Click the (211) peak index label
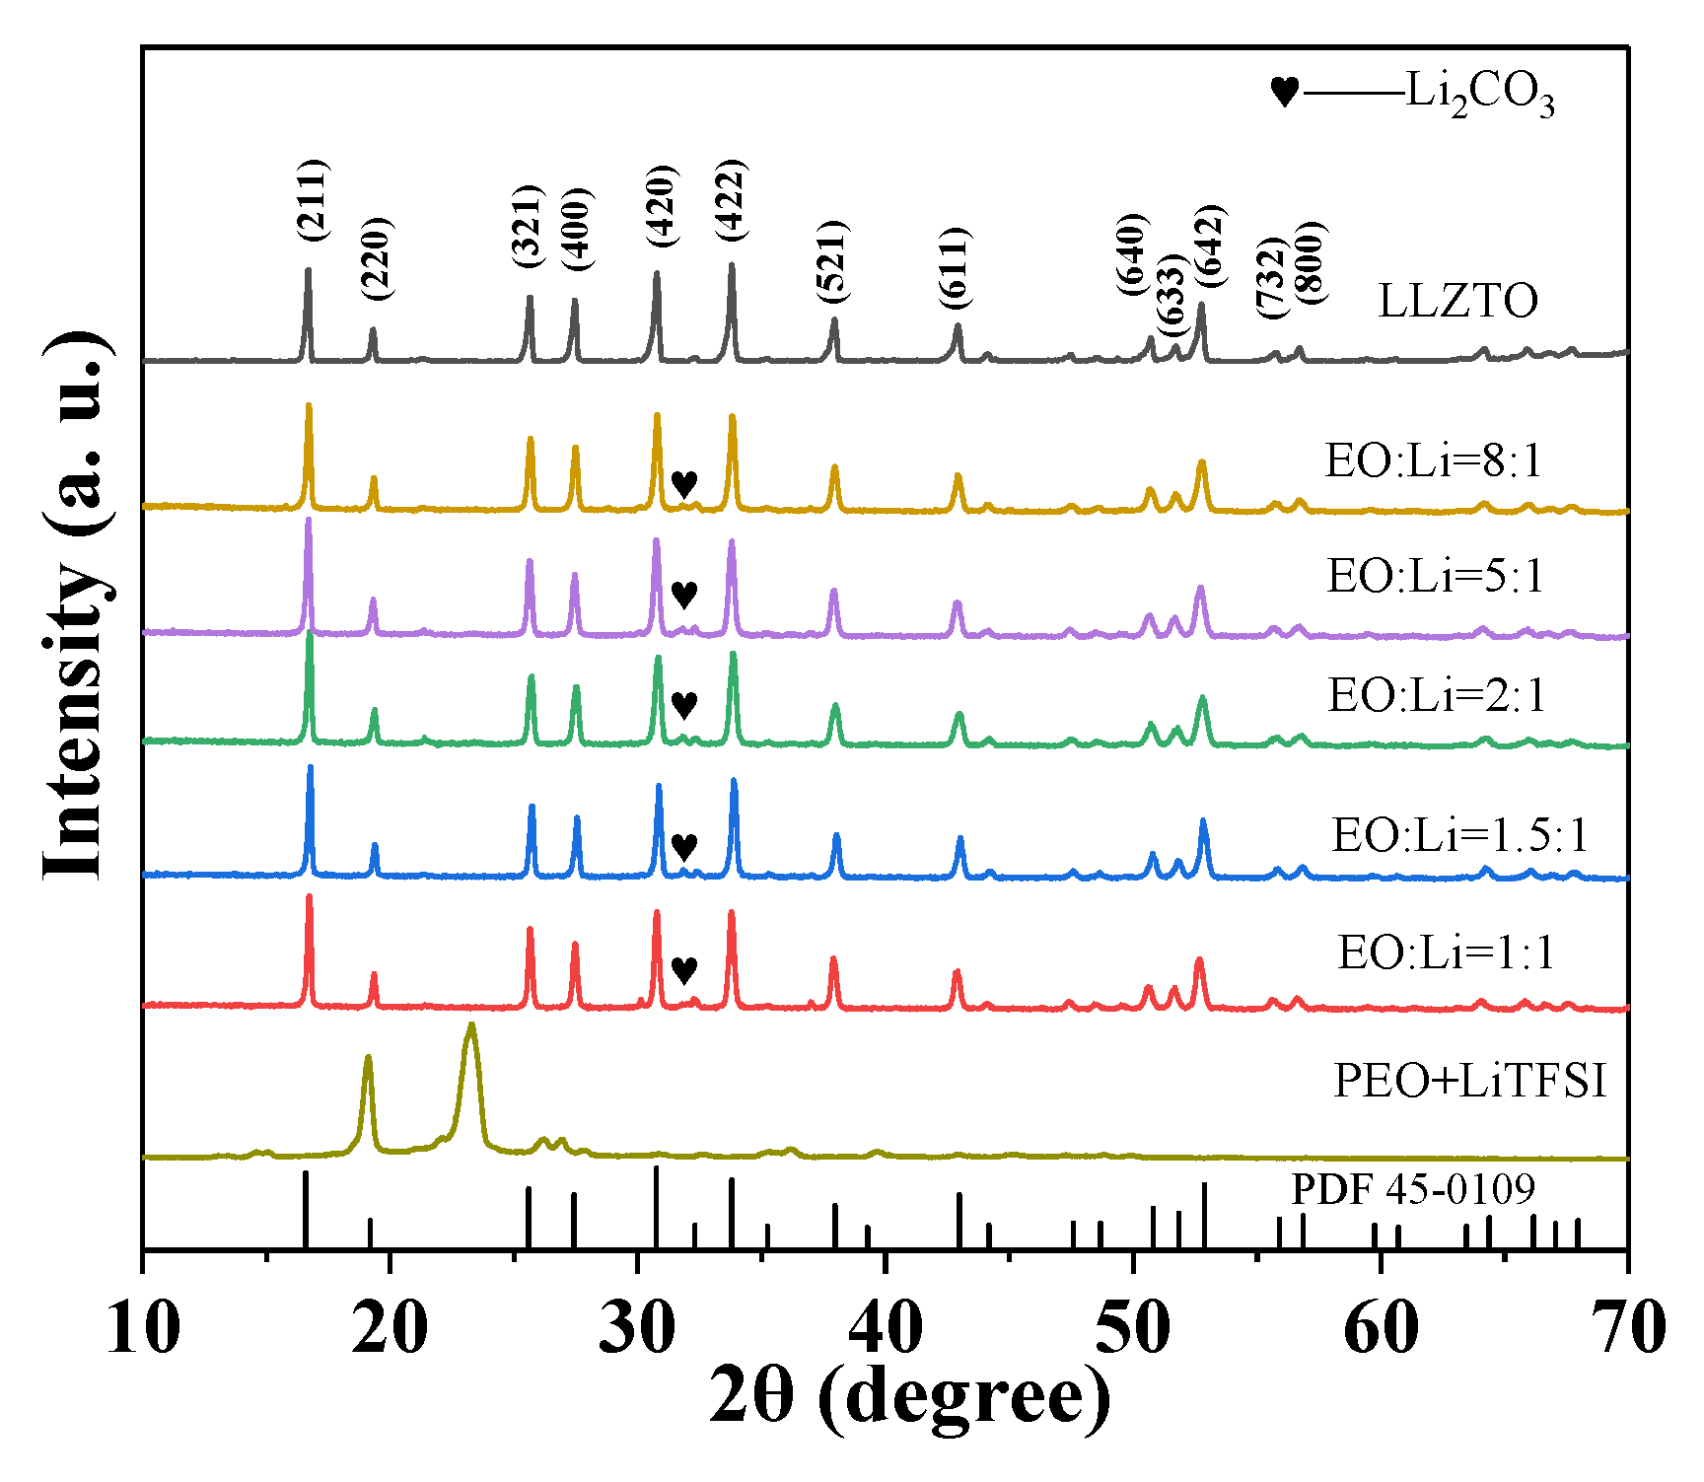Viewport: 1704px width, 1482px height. coord(313,200)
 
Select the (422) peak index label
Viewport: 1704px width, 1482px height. coord(731,200)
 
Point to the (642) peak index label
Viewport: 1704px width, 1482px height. coord(1210,247)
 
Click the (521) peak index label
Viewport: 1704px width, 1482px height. coord(832,262)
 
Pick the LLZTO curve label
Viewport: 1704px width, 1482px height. coord(1457,301)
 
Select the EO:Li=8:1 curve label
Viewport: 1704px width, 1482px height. coord(1433,461)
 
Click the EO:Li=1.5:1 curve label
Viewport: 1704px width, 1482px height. coord(1460,836)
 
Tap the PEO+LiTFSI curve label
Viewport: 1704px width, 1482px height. coord(1469,1081)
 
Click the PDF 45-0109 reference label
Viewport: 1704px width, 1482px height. coord(1413,1189)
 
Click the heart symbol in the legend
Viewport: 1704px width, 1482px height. coord(1284,93)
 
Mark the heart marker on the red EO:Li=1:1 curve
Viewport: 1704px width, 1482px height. coord(684,970)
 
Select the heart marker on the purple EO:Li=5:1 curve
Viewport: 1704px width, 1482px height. coord(684,595)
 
